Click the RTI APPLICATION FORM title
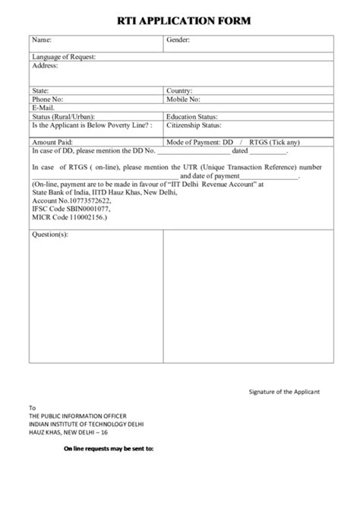click(179, 22)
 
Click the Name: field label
click(42, 39)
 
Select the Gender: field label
click(178, 39)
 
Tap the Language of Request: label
click(64, 57)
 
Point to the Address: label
click(45, 65)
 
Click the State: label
click(40, 90)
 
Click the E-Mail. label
click(43, 108)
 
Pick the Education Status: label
click(192, 117)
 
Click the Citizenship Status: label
click(195, 125)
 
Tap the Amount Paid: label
click(52, 142)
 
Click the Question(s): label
click(50, 235)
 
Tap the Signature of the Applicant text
click(285, 392)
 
